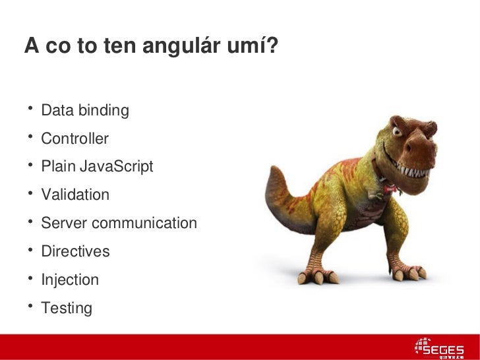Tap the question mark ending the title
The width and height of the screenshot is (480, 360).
click(272, 45)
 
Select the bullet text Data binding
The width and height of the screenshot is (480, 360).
click(85, 110)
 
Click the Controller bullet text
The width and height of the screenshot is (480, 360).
click(75, 138)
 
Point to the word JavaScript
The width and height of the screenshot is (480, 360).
click(117, 167)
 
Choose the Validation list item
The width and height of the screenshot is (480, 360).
click(75, 195)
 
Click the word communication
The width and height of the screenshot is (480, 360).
click(144, 223)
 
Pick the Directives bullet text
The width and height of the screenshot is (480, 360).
click(75, 251)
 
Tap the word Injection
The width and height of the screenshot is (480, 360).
click(70, 280)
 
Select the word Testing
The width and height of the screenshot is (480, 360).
click(67, 308)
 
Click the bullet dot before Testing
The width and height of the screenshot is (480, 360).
click(30, 305)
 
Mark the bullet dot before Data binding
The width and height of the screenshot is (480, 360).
click(30, 107)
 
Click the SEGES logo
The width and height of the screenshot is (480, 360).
click(439, 347)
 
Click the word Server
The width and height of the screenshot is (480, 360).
click(63, 223)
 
